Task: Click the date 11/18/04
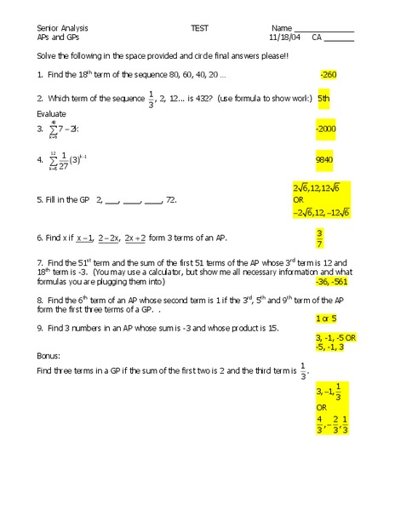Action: [285, 37]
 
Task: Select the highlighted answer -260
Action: [329, 75]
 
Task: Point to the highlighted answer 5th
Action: [323, 98]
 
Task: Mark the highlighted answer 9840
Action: [324, 158]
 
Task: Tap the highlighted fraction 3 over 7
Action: [319, 238]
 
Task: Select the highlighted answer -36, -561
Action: [334, 280]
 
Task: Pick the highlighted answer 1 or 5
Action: [325, 318]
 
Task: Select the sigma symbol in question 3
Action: [53, 129]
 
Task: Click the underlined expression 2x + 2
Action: [135, 238]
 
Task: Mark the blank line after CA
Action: [339, 39]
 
